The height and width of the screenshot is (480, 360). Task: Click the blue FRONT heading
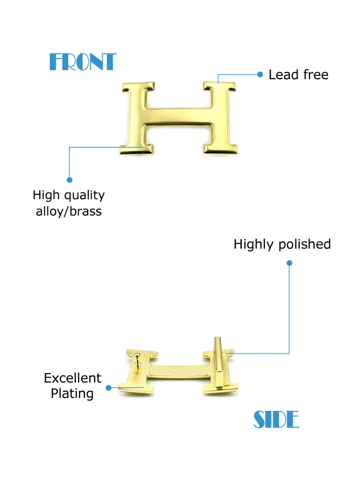point(83,62)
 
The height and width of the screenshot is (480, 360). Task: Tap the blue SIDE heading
point(276,420)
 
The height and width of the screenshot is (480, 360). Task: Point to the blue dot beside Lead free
point(260,74)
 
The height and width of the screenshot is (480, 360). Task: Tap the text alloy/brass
point(69,211)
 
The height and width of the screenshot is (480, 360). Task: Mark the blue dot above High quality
point(70,180)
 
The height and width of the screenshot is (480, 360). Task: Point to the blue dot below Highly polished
point(289,263)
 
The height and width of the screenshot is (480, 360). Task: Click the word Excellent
point(72,378)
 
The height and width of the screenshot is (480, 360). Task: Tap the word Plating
point(72,394)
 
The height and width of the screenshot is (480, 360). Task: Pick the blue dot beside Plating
point(108,387)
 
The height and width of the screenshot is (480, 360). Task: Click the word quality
point(84,196)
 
